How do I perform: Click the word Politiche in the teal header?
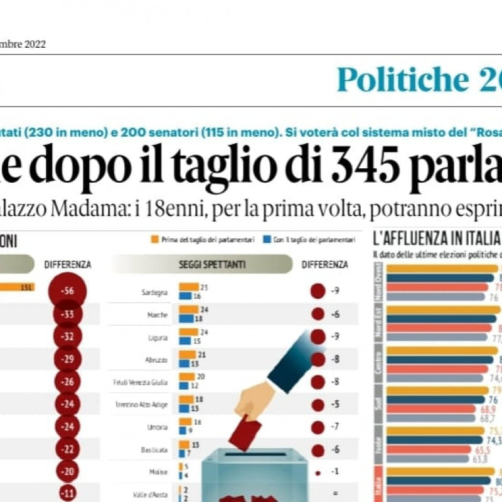[x=402, y=80]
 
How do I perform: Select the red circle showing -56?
[x=67, y=291]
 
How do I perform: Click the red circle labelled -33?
[x=67, y=314]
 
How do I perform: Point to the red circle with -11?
[x=68, y=493]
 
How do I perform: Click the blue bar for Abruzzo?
[x=184, y=363]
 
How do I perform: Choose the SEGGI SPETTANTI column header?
[x=201, y=265]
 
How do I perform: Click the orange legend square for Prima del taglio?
[x=154, y=239]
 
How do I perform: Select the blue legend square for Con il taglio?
[x=267, y=239]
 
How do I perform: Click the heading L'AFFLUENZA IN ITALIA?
[x=436, y=239]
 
